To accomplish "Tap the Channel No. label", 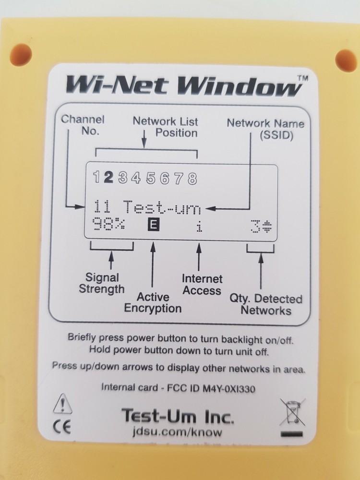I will [83, 125].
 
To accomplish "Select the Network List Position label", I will [166, 127].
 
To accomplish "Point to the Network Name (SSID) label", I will [265, 129].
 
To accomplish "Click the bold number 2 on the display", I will [109, 178].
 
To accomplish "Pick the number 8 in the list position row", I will [192, 179].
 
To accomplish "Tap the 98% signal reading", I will [109, 225].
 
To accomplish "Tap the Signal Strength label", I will [102, 283].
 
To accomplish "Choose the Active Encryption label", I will [153, 302].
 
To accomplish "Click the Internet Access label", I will [202, 285].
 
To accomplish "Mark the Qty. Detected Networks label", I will [265, 304].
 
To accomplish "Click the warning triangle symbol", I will [62, 404].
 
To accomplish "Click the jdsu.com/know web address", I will [178, 432].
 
